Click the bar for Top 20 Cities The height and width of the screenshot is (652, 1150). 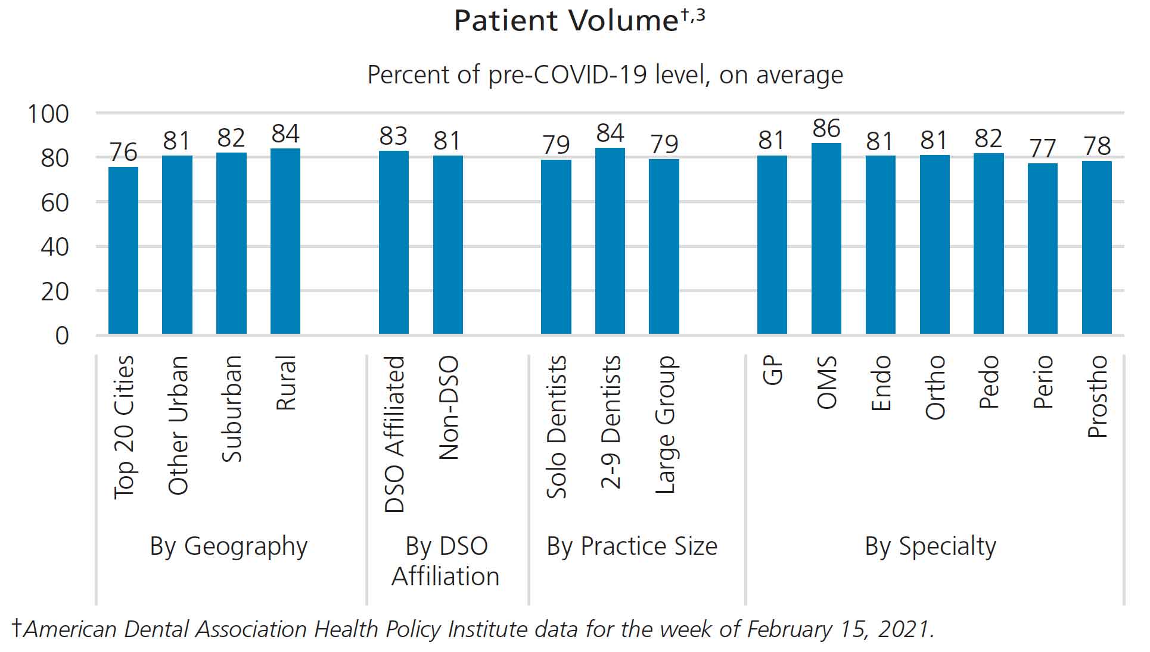pos(123,250)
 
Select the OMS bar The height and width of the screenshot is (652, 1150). pos(826,238)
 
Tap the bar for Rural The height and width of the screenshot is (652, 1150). pos(285,241)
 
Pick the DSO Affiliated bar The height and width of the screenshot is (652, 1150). pos(394,242)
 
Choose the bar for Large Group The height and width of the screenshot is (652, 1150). pos(664,246)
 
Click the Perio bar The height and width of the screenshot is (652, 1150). pos(1043,249)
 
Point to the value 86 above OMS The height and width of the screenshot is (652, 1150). pos(826,129)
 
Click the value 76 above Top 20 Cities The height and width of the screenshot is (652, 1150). pos(123,152)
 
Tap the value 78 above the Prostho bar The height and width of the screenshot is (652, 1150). pos(1097,146)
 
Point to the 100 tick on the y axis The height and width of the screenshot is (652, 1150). pos(49,114)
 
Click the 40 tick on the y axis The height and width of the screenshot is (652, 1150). pos(55,247)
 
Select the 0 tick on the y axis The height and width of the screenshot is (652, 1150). pos(62,336)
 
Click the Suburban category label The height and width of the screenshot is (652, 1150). pos(232,409)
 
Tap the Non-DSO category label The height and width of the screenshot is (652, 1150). pos(449,408)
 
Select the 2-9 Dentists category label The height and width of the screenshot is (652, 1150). pos(610,423)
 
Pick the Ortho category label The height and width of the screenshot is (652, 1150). pos(935,387)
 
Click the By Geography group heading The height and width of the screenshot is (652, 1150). pos(229,547)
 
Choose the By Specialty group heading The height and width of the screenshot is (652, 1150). pos(930,547)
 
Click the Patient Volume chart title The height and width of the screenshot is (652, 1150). pos(566,21)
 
